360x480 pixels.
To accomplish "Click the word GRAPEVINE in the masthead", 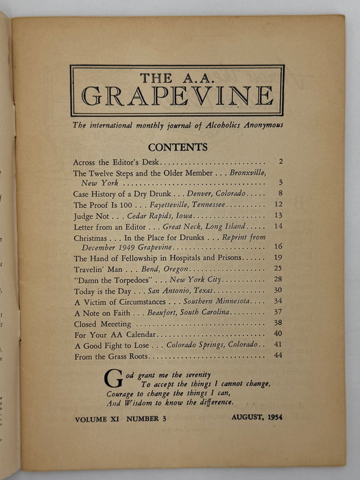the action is (177, 96).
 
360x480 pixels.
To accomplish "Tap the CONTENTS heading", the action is (178, 147).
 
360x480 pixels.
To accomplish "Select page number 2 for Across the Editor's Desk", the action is (272, 163).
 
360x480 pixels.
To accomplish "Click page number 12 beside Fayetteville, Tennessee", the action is (269, 205).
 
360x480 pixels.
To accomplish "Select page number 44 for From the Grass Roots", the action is (269, 356).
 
